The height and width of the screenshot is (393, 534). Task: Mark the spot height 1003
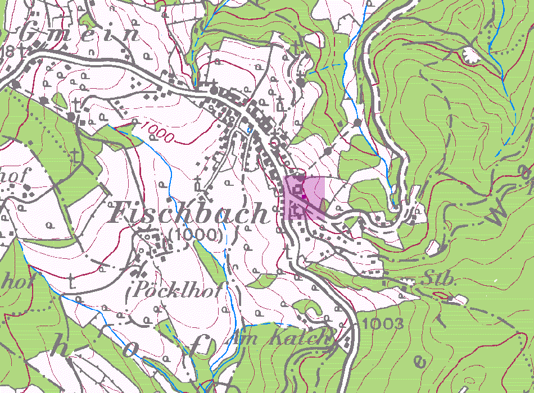383,323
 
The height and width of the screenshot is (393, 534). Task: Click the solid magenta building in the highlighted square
305,196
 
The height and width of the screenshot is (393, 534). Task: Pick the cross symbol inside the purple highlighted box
298,210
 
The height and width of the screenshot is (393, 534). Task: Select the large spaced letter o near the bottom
130,351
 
